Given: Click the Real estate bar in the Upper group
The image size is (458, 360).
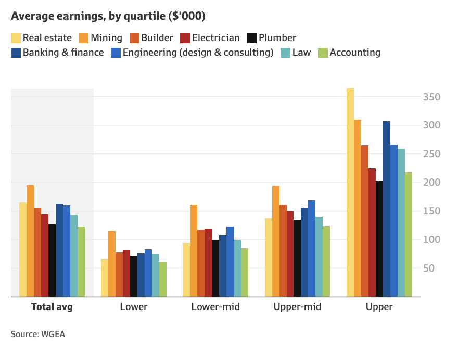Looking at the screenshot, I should pyautogui.click(x=350, y=192).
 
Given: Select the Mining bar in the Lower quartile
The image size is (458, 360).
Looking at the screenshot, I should pyautogui.click(x=112, y=264).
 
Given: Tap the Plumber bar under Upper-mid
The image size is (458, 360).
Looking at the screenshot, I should pyautogui.click(x=297, y=258).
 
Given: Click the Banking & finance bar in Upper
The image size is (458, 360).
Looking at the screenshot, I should pyautogui.click(x=387, y=209).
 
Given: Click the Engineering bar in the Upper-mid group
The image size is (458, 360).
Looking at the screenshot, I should pyautogui.click(x=312, y=248).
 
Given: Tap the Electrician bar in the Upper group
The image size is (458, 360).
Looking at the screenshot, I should pyautogui.click(x=372, y=232).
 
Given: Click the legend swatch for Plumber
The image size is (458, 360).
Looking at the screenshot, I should pyautogui.click(x=251, y=38).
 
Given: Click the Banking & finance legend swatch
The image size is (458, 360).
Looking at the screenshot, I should pyautogui.click(x=16, y=53).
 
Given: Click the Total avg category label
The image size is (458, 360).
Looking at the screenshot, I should pyautogui.click(x=52, y=307).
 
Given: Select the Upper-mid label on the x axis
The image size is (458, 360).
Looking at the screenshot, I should pyautogui.click(x=297, y=307).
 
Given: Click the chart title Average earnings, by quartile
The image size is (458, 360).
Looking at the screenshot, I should pyautogui.click(x=108, y=16).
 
